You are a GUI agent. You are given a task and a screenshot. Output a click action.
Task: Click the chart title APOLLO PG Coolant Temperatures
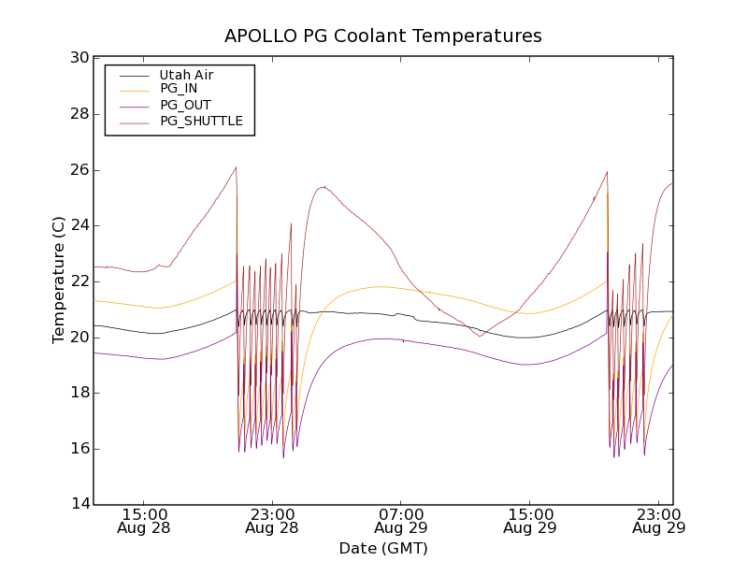383,36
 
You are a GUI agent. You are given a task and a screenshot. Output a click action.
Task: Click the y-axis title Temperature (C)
59,280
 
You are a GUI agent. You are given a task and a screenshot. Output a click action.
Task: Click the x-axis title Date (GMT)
383,548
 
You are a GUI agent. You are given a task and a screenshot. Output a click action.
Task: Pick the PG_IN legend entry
179,89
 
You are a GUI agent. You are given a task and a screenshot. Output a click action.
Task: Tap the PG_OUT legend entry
185,105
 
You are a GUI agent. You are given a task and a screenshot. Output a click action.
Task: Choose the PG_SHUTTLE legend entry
201,121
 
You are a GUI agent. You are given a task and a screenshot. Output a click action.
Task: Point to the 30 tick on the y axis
79,58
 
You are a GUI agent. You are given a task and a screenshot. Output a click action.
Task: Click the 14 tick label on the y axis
79,505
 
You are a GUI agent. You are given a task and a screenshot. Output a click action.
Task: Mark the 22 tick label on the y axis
79,281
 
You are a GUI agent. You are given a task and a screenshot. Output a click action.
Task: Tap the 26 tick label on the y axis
79,170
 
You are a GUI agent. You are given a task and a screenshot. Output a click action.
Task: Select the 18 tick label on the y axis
79,393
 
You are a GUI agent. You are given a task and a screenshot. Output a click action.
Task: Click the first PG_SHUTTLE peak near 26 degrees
236,167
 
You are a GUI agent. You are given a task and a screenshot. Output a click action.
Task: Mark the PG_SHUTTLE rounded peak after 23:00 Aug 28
324,187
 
